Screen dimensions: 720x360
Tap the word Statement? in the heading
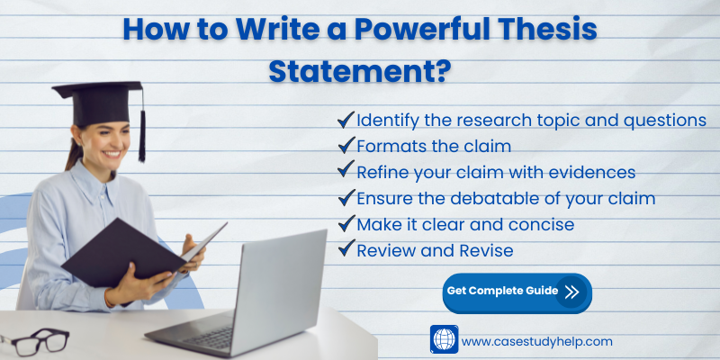359,71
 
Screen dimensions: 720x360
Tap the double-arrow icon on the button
571,292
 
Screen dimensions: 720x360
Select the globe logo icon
444,339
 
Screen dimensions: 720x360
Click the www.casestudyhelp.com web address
536,342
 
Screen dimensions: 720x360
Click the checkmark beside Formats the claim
346,145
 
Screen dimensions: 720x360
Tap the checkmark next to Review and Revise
346,248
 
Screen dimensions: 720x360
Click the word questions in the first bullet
665,121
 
